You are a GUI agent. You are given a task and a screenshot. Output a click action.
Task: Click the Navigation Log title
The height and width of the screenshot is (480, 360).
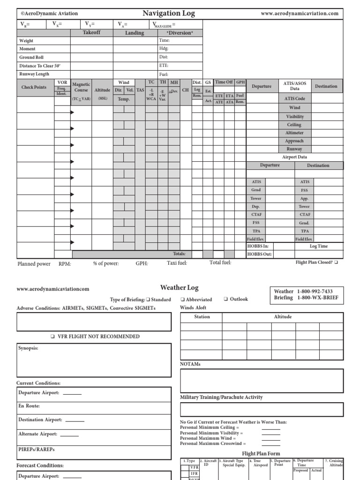pos(169,14)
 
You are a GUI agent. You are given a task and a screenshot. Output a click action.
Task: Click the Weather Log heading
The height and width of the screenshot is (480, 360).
pos(180,288)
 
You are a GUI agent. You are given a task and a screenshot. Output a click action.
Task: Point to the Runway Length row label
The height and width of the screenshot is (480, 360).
pos(34,74)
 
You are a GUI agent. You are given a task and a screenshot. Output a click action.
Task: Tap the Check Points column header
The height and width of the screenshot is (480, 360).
pos(34,87)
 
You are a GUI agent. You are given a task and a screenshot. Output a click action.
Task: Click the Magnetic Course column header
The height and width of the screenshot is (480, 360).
pos(81,87)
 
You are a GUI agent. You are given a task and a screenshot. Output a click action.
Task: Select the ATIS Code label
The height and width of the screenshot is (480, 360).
pos(294,99)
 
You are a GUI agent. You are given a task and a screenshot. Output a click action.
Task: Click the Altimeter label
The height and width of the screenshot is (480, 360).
pos(294,133)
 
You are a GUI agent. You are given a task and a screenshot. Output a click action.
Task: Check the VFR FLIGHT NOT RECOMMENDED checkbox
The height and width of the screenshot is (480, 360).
pos(52,337)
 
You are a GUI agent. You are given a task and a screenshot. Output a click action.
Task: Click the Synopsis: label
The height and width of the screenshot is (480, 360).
pos(29,349)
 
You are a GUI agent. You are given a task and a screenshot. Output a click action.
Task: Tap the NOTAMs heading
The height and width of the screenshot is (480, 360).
pos(190,364)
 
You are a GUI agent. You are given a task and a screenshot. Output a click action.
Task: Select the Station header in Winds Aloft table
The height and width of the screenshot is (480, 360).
pos(202,317)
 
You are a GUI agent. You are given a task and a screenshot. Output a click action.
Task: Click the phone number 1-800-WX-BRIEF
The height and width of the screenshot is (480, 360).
pos(316,298)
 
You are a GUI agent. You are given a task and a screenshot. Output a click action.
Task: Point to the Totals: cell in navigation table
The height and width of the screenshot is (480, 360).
pos(180,254)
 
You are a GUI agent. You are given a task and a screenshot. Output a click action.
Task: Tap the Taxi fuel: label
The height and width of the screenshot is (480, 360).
pos(177,263)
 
